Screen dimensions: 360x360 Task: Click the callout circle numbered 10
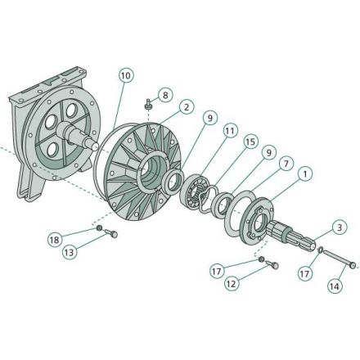click(x=126, y=75)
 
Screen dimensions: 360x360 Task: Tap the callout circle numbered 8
click(x=165, y=96)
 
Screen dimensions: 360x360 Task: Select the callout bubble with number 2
click(x=187, y=107)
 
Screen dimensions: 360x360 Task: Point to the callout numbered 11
click(x=230, y=131)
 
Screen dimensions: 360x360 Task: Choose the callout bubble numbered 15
click(x=250, y=142)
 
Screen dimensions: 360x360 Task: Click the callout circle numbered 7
click(x=286, y=164)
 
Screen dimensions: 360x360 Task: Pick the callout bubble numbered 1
click(x=305, y=173)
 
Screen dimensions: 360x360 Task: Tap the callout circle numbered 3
click(x=340, y=227)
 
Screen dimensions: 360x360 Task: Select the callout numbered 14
click(x=335, y=286)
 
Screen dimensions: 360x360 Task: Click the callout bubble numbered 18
click(x=55, y=240)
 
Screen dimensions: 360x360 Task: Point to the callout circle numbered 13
click(x=70, y=252)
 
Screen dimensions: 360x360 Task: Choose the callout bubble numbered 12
click(x=231, y=284)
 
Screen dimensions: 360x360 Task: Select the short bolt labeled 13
click(x=111, y=233)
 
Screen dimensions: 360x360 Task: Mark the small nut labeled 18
click(x=100, y=227)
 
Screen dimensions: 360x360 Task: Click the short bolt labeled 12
click(x=272, y=264)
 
